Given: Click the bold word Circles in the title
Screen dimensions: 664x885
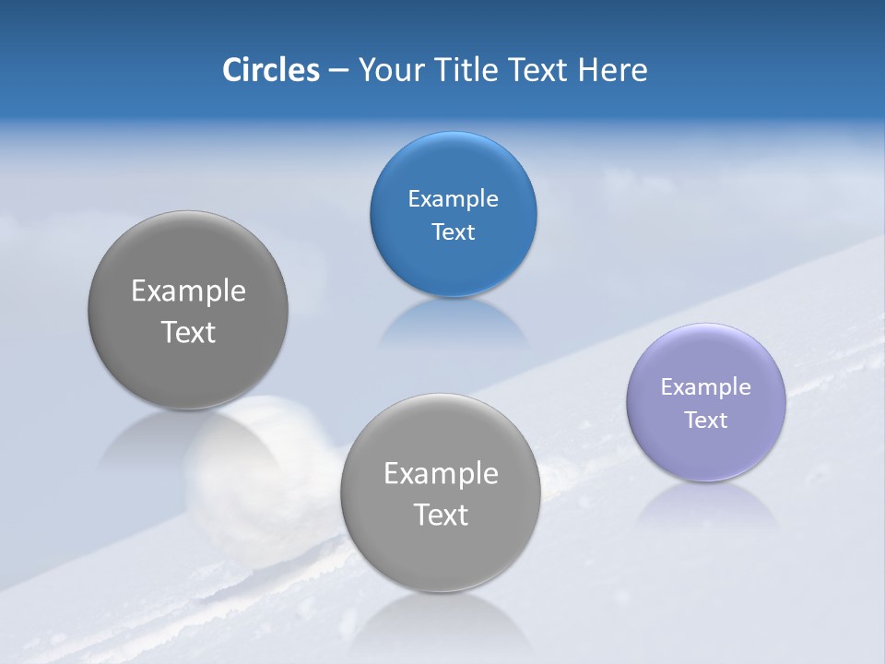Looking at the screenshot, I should (x=270, y=70).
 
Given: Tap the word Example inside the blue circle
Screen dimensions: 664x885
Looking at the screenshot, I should (x=453, y=199).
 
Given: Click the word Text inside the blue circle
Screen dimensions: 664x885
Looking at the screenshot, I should (x=453, y=232).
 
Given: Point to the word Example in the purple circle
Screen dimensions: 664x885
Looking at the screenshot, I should (x=706, y=387).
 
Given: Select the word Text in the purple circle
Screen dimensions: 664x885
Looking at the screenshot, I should (x=706, y=421).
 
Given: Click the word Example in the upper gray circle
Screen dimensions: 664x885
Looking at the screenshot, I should (x=188, y=291).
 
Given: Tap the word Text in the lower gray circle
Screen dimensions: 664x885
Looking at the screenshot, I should (x=441, y=515).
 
